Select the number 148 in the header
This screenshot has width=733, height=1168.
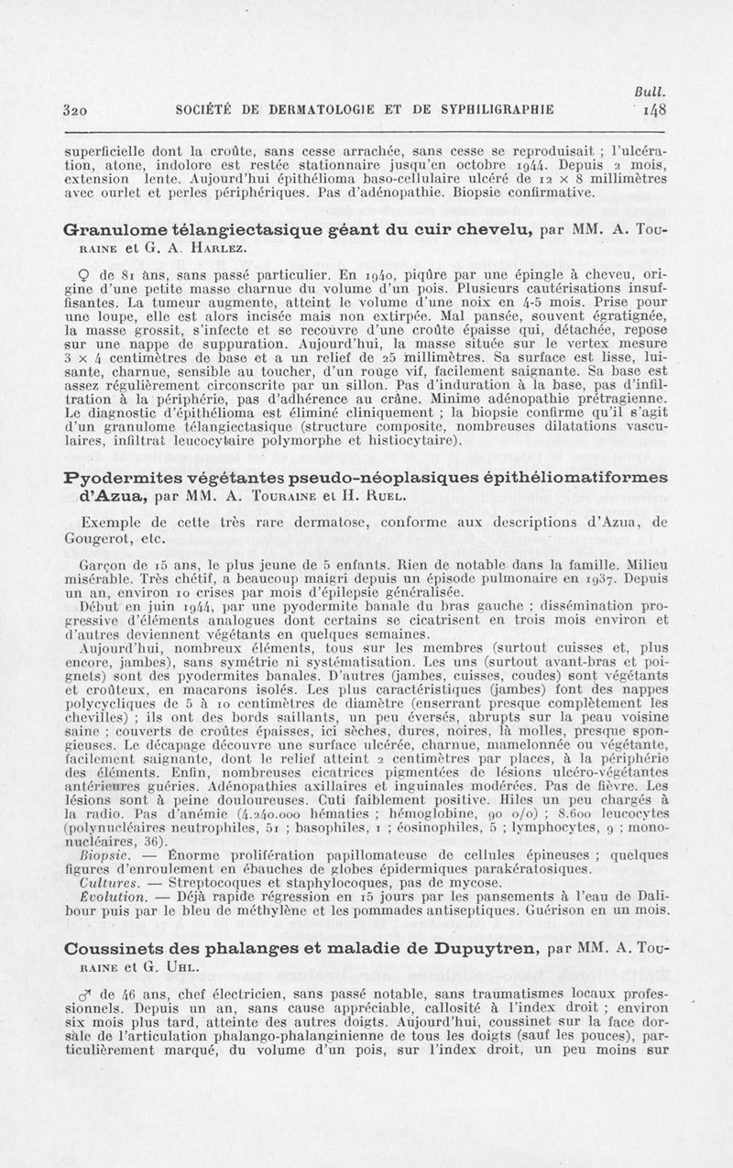pyautogui.click(x=654, y=107)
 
